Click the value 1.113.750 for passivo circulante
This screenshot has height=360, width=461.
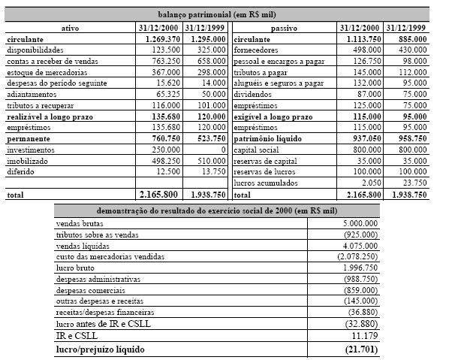(x=352, y=38)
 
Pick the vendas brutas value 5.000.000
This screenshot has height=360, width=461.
(x=359, y=223)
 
